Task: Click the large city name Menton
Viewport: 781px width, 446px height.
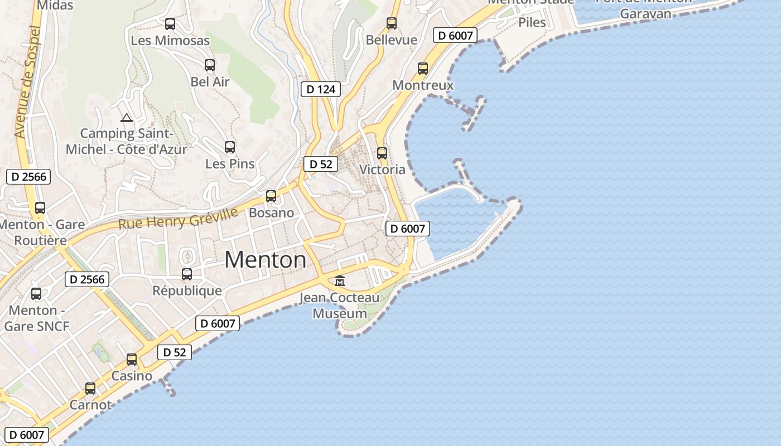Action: coord(266,260)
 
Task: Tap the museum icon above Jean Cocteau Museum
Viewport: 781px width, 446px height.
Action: coord(340,280)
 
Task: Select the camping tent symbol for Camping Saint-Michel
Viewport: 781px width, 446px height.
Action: coord(127,118)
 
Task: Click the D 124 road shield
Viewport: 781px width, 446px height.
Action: coord(321,89)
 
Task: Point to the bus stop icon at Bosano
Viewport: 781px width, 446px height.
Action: coord(271,196)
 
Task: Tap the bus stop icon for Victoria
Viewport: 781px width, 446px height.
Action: coord(382,153)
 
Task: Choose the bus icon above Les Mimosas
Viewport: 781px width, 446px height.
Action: coord(170,24)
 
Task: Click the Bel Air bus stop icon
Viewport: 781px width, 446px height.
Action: coord(210,65)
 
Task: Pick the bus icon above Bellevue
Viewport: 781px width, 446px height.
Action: coord(392,23)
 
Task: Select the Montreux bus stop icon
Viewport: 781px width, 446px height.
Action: coord(423,69)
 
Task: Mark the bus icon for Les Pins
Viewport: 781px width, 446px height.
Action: coord(230,147)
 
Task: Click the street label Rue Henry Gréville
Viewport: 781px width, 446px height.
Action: coord(178,217)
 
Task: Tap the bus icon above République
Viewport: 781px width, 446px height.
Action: coord(187,274)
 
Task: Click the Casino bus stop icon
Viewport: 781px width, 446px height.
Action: coord(132,360)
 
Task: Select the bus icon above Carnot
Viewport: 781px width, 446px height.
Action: coord(90,389)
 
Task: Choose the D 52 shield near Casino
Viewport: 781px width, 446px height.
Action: coord(175,352)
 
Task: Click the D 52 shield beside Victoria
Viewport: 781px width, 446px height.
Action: coord(321,164)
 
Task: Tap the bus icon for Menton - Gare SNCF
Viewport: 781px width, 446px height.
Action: coord(36,294)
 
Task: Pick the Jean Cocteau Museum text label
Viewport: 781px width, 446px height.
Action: coord(340,306)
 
